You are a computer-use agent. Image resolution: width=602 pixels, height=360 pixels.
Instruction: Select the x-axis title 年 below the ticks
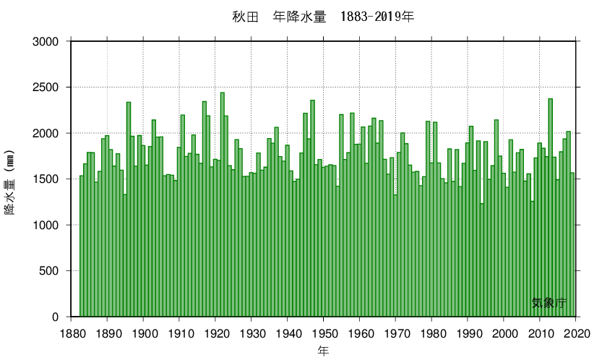323,351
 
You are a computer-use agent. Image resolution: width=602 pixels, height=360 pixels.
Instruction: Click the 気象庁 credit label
549,304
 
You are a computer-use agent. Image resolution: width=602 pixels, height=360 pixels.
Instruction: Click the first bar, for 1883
82,246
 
